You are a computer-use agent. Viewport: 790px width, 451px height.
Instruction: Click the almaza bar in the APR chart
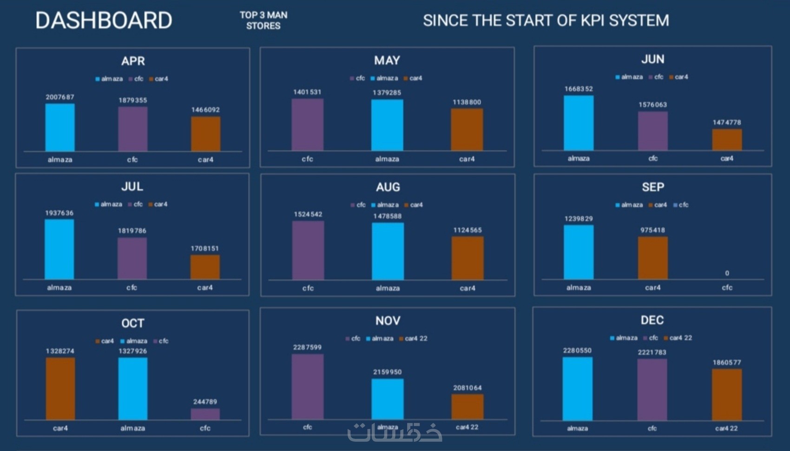60,127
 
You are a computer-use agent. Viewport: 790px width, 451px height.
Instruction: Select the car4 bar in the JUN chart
727,139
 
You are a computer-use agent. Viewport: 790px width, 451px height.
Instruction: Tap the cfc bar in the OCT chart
205,414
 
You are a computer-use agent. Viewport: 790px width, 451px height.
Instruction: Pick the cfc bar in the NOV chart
307,386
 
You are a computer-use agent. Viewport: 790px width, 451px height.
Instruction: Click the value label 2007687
60,97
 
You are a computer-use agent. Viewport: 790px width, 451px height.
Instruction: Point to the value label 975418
652,230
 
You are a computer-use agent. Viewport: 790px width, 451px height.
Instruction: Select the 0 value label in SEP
727,273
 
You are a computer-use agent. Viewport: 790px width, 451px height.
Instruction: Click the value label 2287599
307,347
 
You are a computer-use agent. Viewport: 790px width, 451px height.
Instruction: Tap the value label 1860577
727,363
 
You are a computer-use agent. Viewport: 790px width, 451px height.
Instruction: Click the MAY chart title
387,60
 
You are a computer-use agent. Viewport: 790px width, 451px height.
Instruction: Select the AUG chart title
388,187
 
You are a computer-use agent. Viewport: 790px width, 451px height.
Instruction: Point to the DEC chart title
652,320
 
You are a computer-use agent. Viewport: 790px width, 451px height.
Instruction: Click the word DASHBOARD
104,20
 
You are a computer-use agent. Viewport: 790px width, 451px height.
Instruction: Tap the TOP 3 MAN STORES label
263,20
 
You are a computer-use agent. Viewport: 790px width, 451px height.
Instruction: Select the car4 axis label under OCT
60,428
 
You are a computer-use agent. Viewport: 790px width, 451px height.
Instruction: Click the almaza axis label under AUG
388,288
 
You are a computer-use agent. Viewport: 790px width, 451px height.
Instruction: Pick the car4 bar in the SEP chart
652,258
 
